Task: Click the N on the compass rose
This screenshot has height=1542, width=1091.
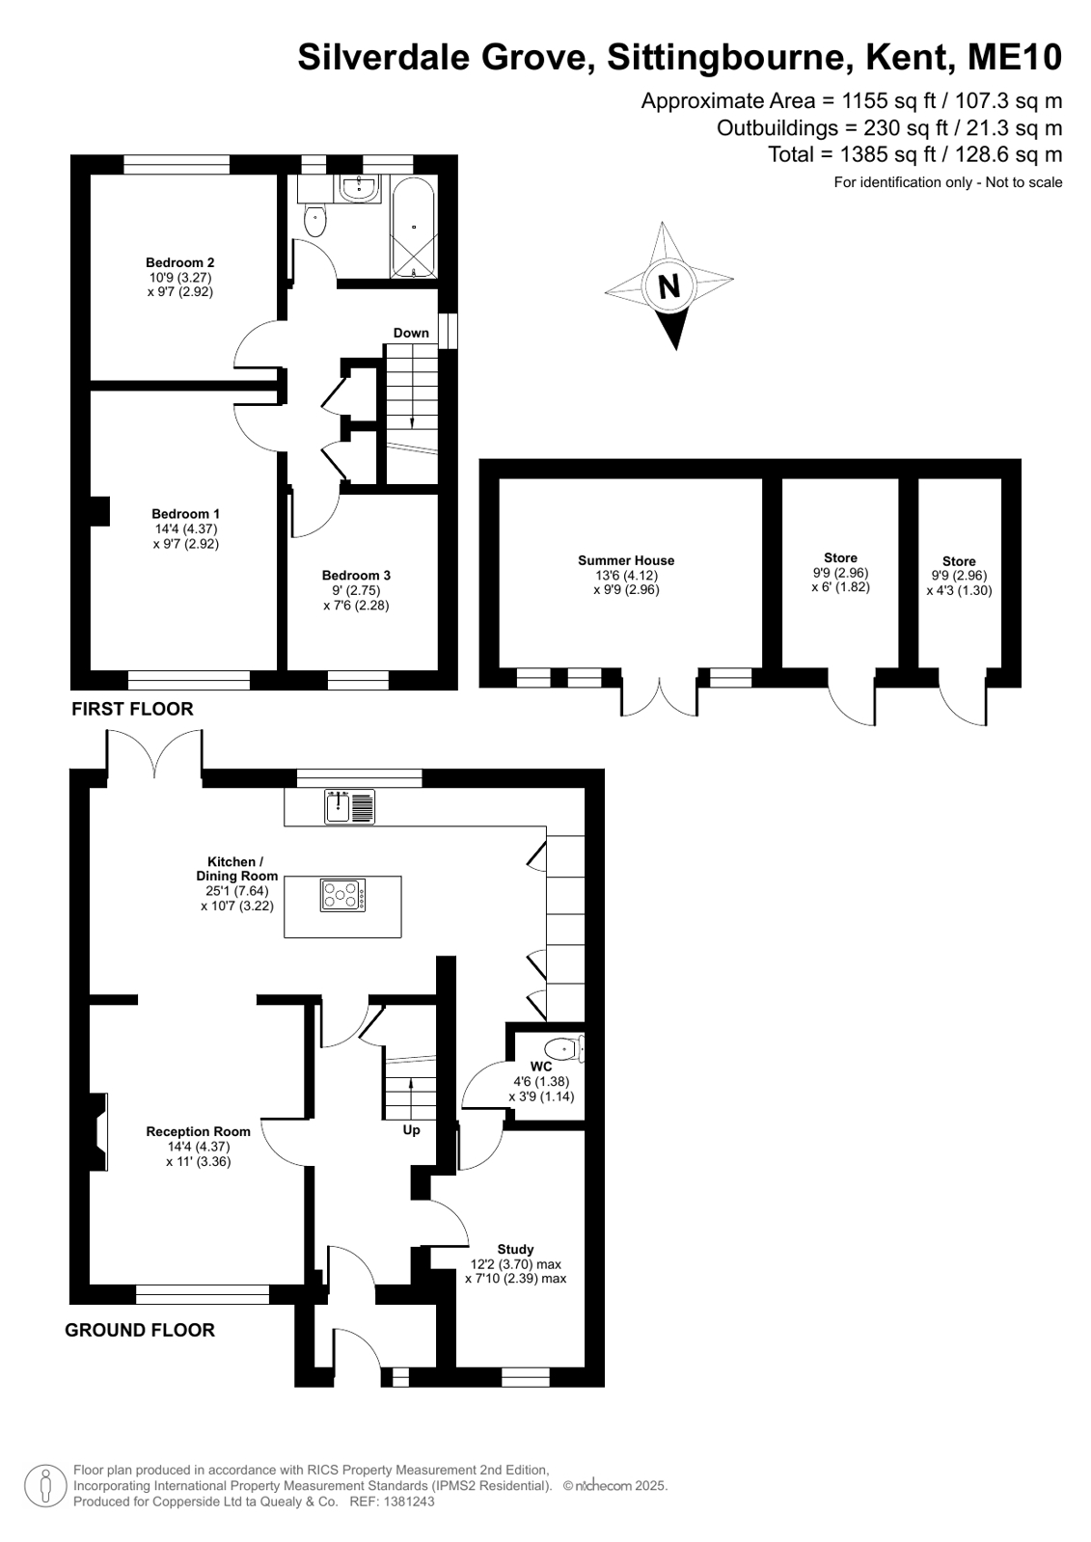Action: (x=668, y=285)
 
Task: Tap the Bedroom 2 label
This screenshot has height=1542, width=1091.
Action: (x=179, y=262)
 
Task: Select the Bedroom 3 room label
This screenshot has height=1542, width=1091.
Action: (x=356, y=575)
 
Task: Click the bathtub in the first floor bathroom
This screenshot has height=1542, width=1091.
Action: (x=413, y=226)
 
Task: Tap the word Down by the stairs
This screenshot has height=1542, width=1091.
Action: (x=411, y=333)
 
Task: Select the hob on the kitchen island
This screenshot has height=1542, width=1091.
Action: (x=342, y=896)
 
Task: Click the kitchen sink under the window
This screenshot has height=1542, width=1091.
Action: (x=351, y=806)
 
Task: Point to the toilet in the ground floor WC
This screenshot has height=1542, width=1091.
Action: (x=564, y=1049)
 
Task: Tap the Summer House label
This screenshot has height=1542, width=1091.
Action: (x=626, y=560)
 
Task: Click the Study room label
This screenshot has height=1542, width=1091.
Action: (x=515, y=1249)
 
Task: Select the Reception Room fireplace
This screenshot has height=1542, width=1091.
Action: (x=98, y=1132)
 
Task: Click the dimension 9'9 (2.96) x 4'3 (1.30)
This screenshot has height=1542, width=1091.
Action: (x=959, y=583)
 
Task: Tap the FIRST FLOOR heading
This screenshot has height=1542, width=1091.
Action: (x=132, y=709)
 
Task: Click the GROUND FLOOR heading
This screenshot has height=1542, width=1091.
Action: (x=140, y=1330)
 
